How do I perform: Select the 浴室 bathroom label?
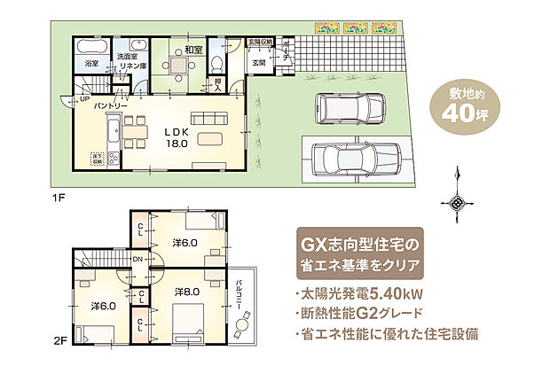pos(91,64)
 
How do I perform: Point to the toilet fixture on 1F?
pos(216,61)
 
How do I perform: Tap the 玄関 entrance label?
pos(259,63)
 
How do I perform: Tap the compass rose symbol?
pos(458,202)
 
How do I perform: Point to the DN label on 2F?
pos(137,259)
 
